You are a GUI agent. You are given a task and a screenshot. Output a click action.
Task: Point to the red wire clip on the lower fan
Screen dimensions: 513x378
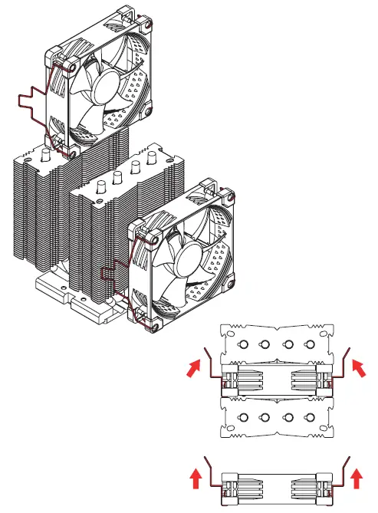(x=115, y=272)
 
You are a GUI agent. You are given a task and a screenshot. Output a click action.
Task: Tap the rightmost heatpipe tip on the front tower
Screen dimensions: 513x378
(x=150, y=167)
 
